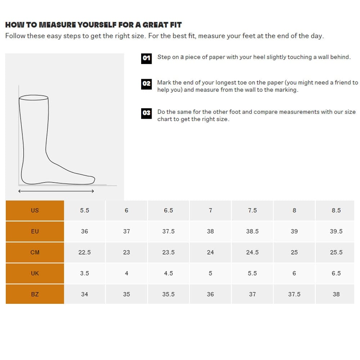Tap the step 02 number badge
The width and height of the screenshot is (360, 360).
(x=146, y=84)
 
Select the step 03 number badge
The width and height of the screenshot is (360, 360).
(x=146, y=113)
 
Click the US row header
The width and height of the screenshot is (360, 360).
(x=35, y=210)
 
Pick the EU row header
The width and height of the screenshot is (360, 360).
(x=35, y=231)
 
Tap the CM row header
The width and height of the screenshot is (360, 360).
(x=35, y=252)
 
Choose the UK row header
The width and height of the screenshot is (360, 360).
(x=35, y=273)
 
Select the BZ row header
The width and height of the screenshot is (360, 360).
(x=35, y=294)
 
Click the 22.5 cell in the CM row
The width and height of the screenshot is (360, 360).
(x=85, y=252)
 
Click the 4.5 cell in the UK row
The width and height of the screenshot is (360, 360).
(x=168, y=273)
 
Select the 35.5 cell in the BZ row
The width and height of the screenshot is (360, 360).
(x=168, y=294)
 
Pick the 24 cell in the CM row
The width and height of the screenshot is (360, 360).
(x=210, y=252)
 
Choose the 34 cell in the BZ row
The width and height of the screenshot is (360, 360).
(x=85, y=294)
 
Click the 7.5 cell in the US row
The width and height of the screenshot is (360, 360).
(x=252, y=210)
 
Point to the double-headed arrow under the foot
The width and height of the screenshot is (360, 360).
(x=56, y=191)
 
